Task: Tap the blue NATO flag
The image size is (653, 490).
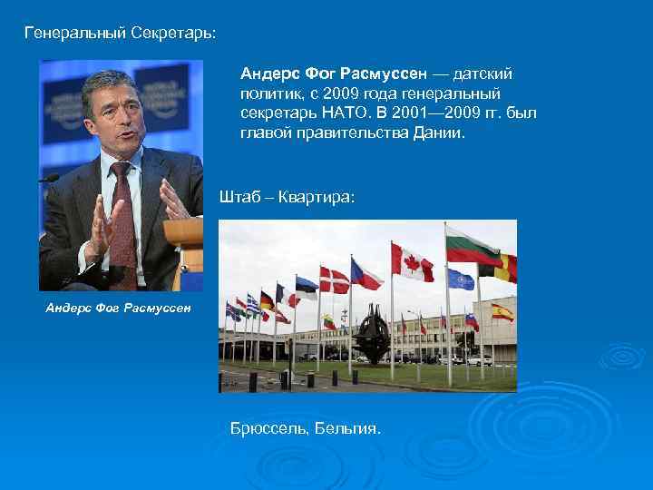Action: [x=460, y=279]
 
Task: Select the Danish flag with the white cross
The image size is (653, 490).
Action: [x=334, y=280]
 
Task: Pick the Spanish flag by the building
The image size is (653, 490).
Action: [x=501, y=312]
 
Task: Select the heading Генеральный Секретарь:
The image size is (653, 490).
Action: [x=120, y=34]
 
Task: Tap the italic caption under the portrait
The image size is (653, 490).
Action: [x=118, y=308]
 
